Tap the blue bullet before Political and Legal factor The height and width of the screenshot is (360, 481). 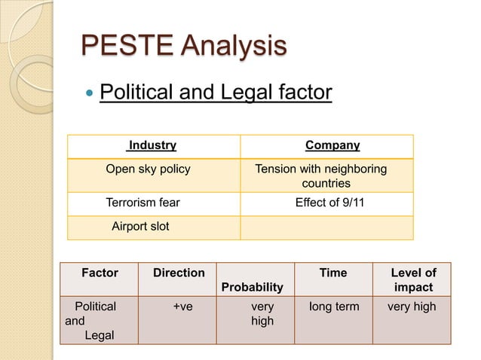tap(89, 94)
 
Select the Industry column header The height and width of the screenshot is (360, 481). tap(152, 145)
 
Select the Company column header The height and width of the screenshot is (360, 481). tap(332, 145)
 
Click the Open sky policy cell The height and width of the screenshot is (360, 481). tap(148, 169)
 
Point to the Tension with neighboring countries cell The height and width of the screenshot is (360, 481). tap(322, 175)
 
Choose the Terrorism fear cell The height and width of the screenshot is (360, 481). tap(143, 202)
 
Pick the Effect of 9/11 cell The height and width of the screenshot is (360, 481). tap(329, 202)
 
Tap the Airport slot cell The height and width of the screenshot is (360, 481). tap(140, 226)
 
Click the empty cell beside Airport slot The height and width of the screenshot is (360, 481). tap(326, 227)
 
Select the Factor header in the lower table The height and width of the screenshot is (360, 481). tap(100, 273)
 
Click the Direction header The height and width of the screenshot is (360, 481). tap(179, 273)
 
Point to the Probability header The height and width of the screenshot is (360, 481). tap(253, 287)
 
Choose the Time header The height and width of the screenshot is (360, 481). tap(333, 273)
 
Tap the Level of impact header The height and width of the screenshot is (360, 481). tap(413, 280)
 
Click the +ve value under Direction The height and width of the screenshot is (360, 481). tap(182, 307)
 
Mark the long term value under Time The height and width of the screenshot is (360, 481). tap(335, 307)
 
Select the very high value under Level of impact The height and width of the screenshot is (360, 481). tap(412, 307)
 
